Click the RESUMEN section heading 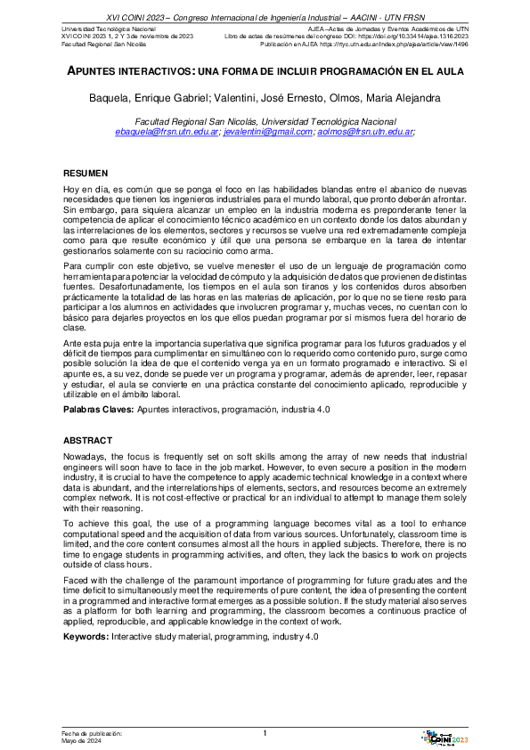[x=85, y=172]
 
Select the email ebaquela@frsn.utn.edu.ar [x=167, y=131]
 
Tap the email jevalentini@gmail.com [x=268, y=131]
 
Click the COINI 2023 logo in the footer [x=447, y=735]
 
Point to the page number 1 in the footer [x=265, y=732]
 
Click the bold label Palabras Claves [x=98, y=409]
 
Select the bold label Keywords [x=87, y=637]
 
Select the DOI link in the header [x=418, y=36]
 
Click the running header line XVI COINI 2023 [x=265, y=16]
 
